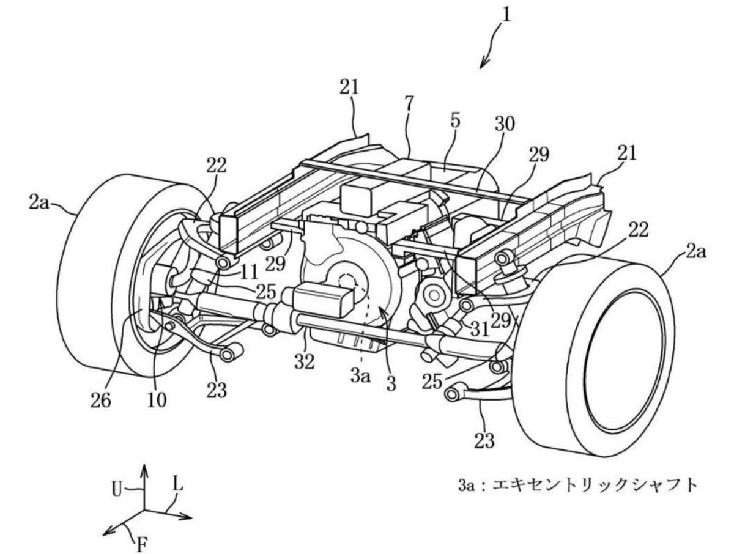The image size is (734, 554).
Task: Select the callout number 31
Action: [480, 329]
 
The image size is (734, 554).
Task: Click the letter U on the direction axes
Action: [118, 489]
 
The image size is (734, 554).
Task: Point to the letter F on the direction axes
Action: [141, 543]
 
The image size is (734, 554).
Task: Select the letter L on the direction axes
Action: [177, 485]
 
